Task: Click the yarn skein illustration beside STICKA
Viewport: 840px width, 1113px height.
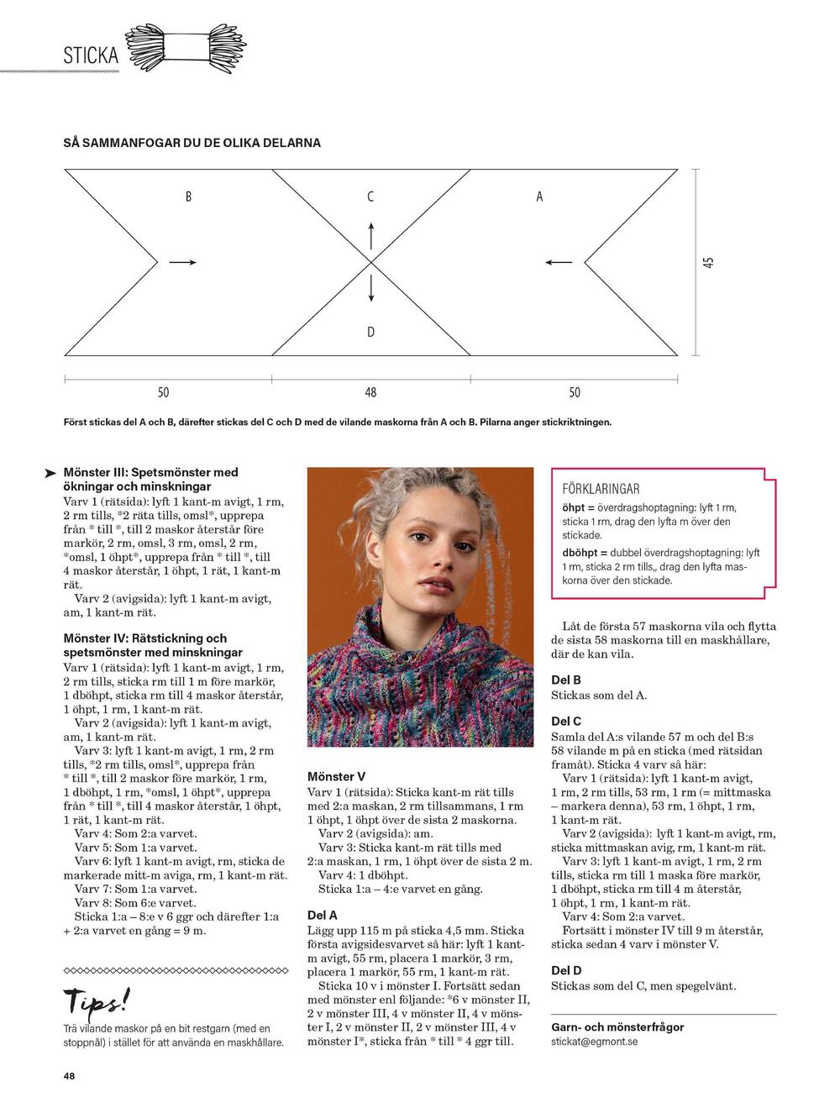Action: coord(186,48)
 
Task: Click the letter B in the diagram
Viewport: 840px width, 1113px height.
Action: coord(188,197)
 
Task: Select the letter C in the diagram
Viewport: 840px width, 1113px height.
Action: coord(370,197)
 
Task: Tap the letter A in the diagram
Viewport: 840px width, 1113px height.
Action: coord(539,197)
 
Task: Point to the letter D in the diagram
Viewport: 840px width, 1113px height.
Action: coord(370,333)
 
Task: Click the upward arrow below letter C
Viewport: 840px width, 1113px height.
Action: coord(370,236)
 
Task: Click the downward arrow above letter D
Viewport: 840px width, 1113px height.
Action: coord(370,288)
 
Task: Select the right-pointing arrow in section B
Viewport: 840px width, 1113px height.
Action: coord(182,263)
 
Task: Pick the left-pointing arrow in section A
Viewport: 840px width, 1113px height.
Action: coord(559,263)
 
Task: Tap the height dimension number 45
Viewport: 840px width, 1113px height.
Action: coord(708,262)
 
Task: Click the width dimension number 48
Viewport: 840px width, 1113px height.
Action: coord(370,392)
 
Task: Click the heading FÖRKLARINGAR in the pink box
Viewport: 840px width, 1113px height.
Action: coord(601,489)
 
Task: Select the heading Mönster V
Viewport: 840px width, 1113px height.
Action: coord(336,777)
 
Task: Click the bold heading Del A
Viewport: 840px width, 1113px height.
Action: coord(323,915)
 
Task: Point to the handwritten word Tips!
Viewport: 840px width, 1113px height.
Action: coord(97,1000)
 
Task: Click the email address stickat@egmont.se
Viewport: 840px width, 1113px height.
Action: coord(594,1042)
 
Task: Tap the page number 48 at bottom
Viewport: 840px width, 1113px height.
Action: coord(69,1076)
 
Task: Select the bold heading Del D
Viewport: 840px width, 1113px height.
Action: coord(566,970)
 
